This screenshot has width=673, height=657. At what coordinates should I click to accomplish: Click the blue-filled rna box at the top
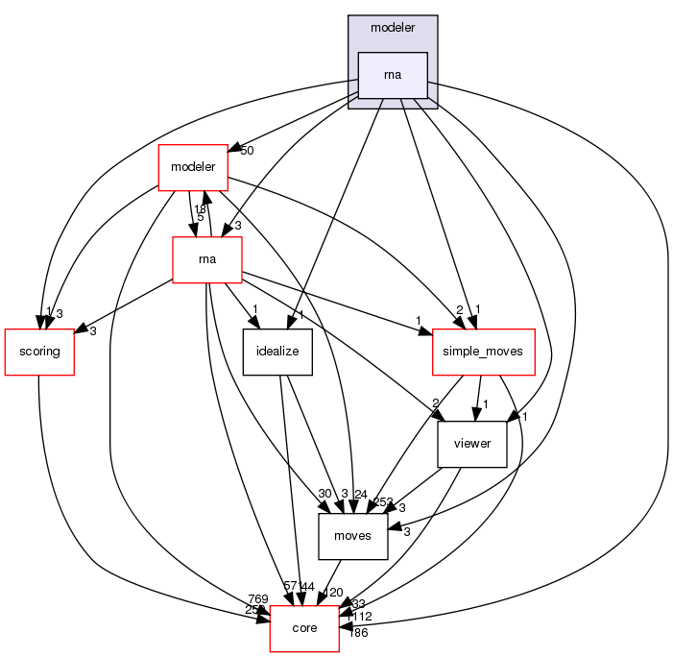tap(392, 75)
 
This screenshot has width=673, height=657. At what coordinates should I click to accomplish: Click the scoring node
tap(39, 351)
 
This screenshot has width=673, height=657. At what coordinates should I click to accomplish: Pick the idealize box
tap(276, 351)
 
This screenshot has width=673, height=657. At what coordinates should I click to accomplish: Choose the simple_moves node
tap(483, 351)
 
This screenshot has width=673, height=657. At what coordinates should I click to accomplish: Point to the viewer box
tap(471, 444)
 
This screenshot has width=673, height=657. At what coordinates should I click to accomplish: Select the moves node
tap(352, 536)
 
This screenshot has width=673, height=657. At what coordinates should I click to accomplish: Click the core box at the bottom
tap(304, 628)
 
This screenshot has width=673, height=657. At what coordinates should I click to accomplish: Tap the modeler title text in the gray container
tap(392, 28)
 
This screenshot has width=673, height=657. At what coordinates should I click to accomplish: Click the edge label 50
tap(247, 151)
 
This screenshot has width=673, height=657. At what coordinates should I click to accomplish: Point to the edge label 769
tap(257, 599)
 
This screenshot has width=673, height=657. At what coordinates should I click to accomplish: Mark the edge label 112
tap(361, 616)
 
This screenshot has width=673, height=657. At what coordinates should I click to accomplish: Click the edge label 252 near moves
tap(382, 502)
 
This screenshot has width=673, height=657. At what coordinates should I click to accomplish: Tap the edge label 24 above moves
tap(361, 495)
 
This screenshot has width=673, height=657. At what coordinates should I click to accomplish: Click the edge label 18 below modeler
tap(201, 208)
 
